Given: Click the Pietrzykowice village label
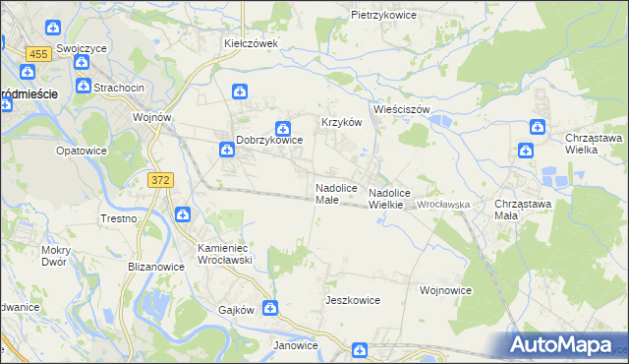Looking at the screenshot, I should pyautogui.click(x=383, y=16).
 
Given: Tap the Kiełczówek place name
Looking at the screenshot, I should pyautogui.click(x=252, y=43).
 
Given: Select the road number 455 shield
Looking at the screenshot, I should pyautogui.click(x=39, y=54).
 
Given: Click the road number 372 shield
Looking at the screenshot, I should pyautogui.click(x=161, y=179).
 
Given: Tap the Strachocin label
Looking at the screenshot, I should pyautogui.click(x=119, y=88).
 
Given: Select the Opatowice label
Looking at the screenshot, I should pyautogui.click(x=81, y=151).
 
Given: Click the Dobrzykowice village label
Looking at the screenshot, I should pyautogui.click(x=268, y=141).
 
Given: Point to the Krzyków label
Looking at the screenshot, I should pyautogui.click(x=343, y=122).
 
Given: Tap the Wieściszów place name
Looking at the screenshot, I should pyautogui.click(x=401, y=109).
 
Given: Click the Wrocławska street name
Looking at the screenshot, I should pyautogui.click(x=445, y=204).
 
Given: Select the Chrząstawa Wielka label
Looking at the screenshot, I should pyautogui.click(x=594, y=144).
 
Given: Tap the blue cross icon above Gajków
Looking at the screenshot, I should pyautogui.click(x=269, y=309).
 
